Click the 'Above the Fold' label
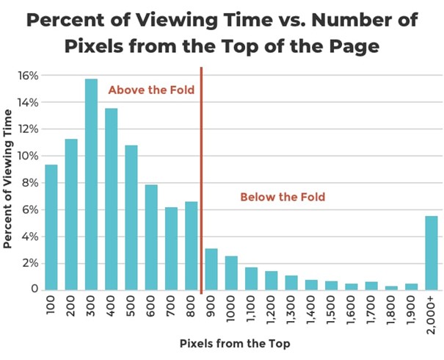[x=151, y=90]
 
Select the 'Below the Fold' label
[x=283, y=197]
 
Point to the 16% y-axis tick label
[x=27, y=76]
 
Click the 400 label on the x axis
[x=111, y=306]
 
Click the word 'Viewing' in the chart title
[x=197, y=20]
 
